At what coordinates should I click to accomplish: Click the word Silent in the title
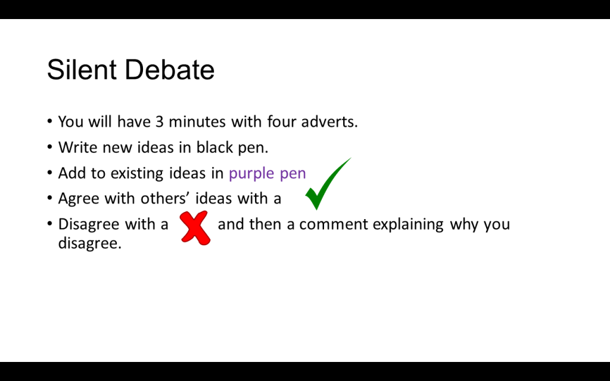82,70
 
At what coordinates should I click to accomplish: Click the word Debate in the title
170,70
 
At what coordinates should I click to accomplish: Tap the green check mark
328,183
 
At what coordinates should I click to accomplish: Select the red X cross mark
195,228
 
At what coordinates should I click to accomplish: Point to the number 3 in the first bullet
160,121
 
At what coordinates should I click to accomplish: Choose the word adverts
329,121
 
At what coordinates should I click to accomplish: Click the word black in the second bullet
213,148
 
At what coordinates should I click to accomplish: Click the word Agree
79,199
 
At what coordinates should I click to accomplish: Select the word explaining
408,224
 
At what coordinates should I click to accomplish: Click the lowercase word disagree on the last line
90,243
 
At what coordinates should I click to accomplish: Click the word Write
77,148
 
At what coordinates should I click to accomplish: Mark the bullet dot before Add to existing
49,172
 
